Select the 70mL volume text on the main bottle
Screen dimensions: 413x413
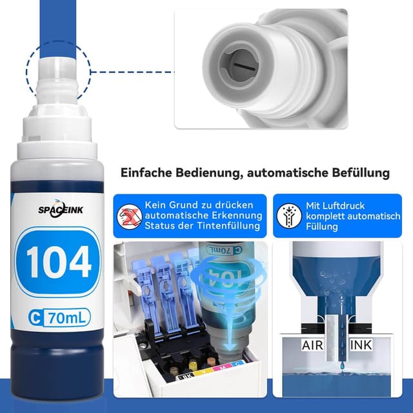66,317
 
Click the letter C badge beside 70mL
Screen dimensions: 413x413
36,317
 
